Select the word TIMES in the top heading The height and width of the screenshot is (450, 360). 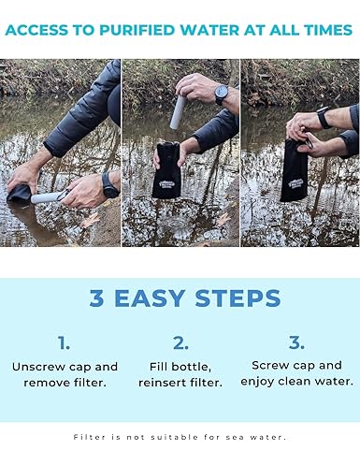[317, 30]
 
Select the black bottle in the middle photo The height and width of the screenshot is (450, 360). [171, 170]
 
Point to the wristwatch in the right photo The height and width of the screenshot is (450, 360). [323, 117]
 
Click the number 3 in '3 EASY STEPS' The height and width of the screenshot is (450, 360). [97, 298]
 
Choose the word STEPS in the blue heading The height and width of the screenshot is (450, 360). [238, 298]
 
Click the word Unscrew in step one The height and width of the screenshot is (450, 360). [39, 367]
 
